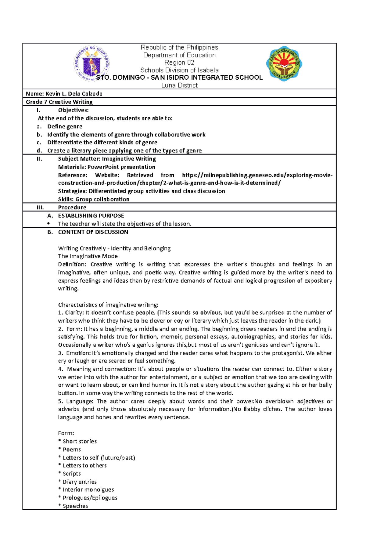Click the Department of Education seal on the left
point(91,63)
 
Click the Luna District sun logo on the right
point(284,63)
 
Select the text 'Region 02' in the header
point(179,63)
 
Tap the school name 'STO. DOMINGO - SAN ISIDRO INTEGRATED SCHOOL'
point(179,78)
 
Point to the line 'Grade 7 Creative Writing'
point(59,102)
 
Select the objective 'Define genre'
point(65,126)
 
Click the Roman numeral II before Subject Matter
point(39,159)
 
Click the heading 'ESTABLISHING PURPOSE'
point(91,215)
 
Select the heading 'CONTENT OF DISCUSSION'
point(93,232)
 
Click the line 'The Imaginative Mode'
point(88,256)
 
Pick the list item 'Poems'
point(72,449)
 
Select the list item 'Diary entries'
point(80,482)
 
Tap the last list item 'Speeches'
point(75,506)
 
